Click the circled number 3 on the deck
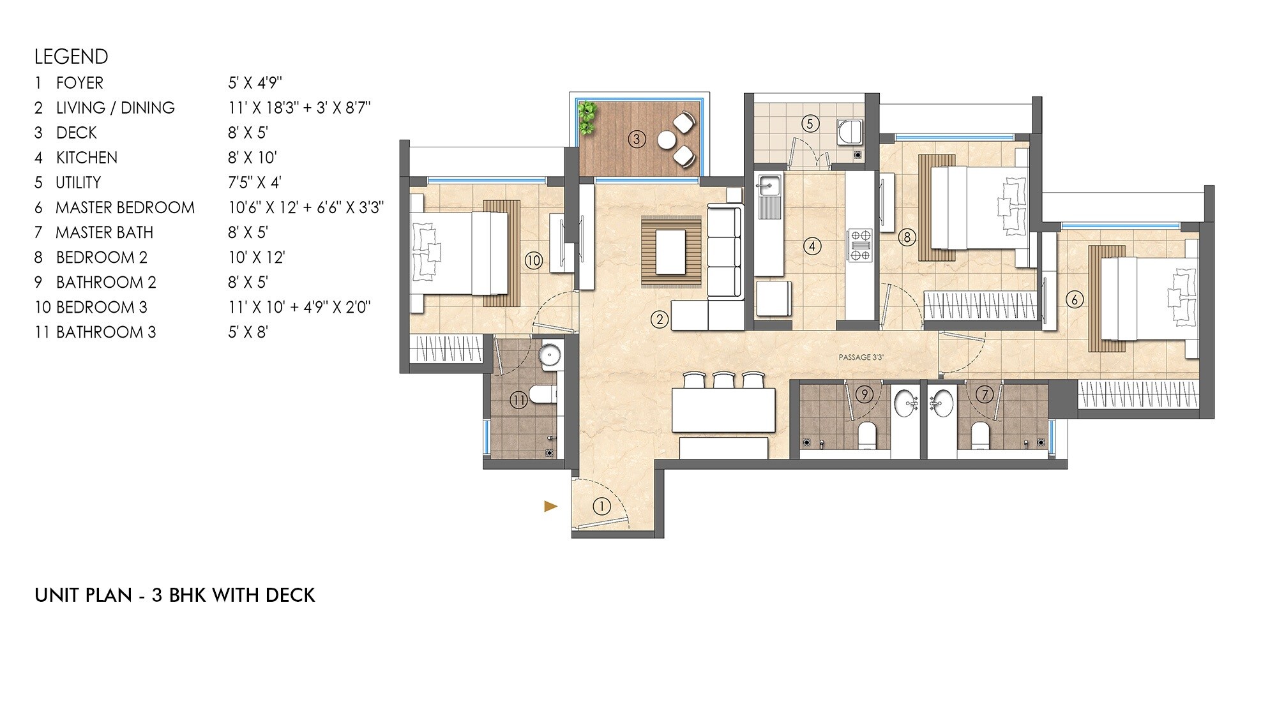click(637, 138)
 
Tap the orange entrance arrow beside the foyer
click(550, 507)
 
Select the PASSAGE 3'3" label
click(861, 357)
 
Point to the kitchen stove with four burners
click(859, 245)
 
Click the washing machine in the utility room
click(850, 132)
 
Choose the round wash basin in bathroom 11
click(550, 355)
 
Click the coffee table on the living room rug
click(670, 251)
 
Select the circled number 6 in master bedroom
click(1075, 299)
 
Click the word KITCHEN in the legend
click(87, 158)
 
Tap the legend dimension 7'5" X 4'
click(255, 183)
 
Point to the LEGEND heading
click(72, 57)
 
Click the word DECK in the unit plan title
click(291, 595)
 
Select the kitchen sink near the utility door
click(768, 188)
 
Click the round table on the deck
click(667, 139)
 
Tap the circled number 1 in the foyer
click(601, 507)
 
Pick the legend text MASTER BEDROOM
click(125, 207)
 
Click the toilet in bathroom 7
click(979, 437)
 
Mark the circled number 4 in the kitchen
click(812, 246)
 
